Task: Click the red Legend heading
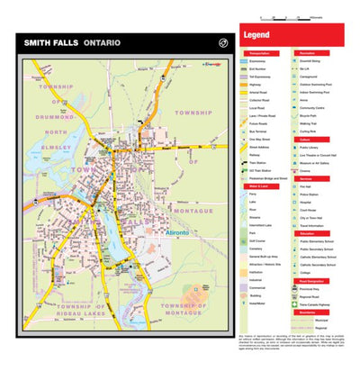tap(256, 36)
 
